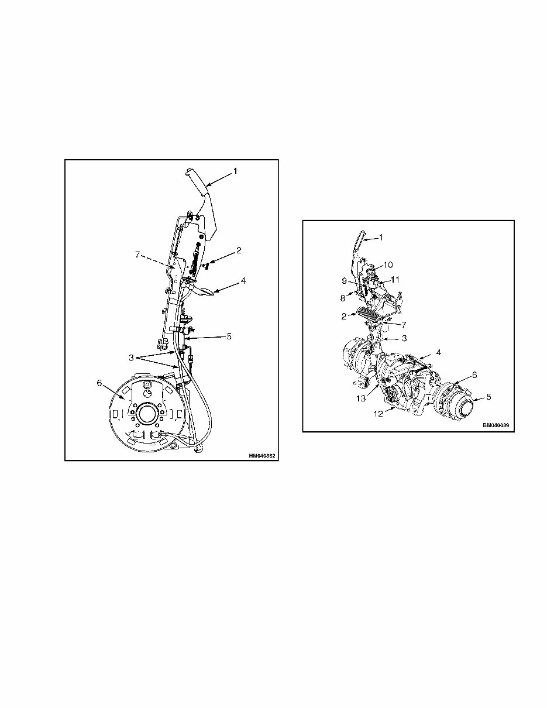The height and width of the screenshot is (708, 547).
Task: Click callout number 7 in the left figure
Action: click(x=138, y=255)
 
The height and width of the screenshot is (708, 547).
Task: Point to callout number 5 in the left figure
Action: click(x=229, y=336)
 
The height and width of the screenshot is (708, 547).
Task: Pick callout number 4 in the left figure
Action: click(x=243, y=280)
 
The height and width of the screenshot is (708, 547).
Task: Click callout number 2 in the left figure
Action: click(x=239, y=250)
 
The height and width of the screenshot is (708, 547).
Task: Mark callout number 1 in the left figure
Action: click(x=235, y=171)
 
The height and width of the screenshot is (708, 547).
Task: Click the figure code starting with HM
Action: click(x=261, y=455)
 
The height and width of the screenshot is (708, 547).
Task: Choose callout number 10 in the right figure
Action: click(x=388, y=264)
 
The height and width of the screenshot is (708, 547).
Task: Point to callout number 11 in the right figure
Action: click(x=395, y=280)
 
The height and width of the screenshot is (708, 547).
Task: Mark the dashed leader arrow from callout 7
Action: click(x=159, y=261)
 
